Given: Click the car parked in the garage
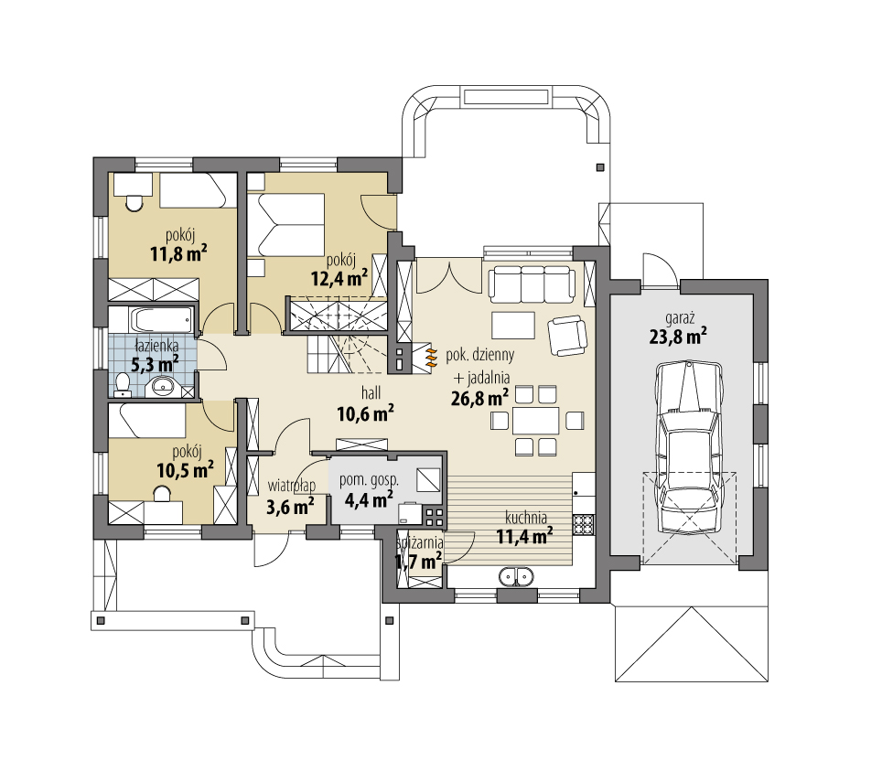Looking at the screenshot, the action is point(689,446).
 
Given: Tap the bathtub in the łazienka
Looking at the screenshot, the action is point(163,320).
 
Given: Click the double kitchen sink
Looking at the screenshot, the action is point(515,577).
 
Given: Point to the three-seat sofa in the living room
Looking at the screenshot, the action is point(531,284).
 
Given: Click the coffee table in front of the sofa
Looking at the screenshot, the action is point(513,326).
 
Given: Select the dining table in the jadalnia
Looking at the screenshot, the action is point(535,420).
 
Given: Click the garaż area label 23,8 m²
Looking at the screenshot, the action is point(678,337).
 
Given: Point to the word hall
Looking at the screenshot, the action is point(371,392).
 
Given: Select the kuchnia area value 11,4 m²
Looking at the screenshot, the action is point(523,536).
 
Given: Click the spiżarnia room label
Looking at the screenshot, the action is point(420,543).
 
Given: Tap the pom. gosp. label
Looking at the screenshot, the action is point(369,481).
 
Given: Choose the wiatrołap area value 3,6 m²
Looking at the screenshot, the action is point(290,507).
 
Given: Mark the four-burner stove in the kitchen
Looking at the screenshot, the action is point(584,524).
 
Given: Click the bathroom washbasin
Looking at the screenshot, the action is point(165,388).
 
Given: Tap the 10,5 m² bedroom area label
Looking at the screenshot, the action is point(185,469).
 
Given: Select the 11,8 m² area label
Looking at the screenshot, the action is point(178,254).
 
